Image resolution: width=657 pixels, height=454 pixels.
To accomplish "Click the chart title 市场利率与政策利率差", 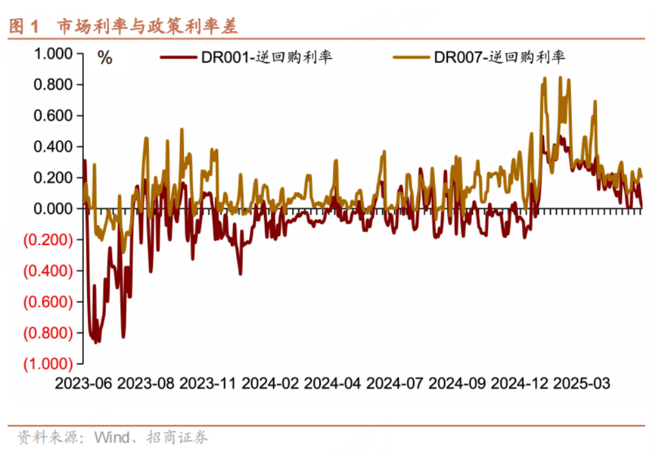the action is point(148,26).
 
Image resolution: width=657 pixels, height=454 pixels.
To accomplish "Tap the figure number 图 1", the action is point(24,26).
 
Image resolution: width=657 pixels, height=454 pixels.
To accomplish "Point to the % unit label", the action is point(105,58).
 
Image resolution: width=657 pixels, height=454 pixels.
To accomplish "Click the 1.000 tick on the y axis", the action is point(53,54).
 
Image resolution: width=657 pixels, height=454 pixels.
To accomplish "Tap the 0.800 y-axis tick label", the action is point(53,84).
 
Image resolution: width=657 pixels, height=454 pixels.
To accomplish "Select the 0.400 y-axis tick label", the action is point(53,146).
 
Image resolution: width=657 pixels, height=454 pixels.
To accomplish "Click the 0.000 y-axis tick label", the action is point(53,208).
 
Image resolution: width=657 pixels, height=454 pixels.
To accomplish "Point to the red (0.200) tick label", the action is point(48,239).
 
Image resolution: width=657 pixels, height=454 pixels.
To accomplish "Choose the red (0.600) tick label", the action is point(48,302).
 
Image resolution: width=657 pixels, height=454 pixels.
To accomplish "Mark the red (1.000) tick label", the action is point(48,364).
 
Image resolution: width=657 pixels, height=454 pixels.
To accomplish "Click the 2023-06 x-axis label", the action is point(84,383).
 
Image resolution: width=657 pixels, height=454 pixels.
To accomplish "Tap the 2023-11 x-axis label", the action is point(208,383).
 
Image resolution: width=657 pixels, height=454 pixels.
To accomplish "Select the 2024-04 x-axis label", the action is point(332,383).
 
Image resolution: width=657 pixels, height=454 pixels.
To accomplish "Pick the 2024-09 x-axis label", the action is point(457,383).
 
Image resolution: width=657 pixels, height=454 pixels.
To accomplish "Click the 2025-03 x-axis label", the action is point(581,383).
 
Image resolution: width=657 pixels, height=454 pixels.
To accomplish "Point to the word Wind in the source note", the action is point(112,438).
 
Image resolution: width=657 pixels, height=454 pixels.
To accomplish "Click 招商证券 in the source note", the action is point(177,438).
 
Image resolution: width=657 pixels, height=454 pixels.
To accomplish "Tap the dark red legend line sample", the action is point(179,57).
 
